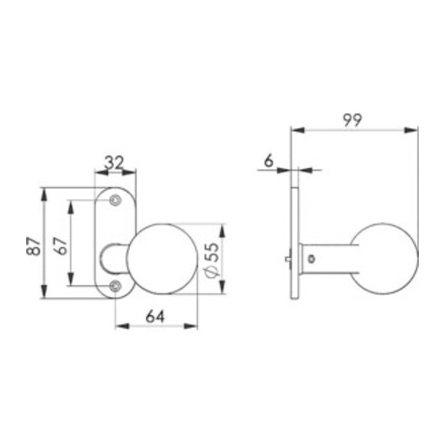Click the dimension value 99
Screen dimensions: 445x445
pyautogui.click(x=352, y=120)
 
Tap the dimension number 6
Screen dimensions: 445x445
pyautogui.click(x=269, y=161)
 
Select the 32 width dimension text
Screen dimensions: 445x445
pyautogui.click(x=114, y=163)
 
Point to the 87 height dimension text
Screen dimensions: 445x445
pyautogui.click(x=34, y=247)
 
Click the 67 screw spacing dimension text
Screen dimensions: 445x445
pyautogui.click(x=62, y=246)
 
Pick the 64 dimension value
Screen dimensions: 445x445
pyautogui.click(x=155, y=317)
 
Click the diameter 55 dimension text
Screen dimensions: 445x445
pyautogui.click(x=212, y=260)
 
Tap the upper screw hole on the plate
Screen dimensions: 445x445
pyautogui.click(x=115, y=200)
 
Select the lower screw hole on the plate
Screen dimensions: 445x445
pyautogui.click(x=115, y=285)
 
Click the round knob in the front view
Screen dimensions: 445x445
pyautogui.click(x=163, y=259)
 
